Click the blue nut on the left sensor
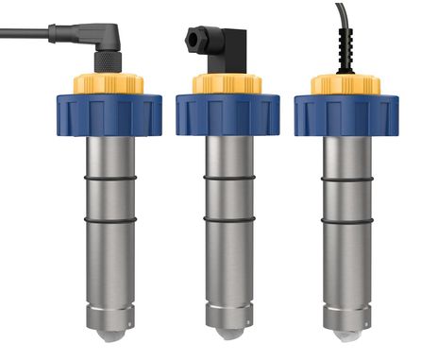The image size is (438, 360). coord(111,113)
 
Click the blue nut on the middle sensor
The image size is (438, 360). coord(227,113)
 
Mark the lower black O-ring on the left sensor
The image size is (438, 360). coord(111,220)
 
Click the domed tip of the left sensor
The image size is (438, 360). coord(111,334)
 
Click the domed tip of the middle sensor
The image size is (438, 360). coord(227,334)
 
